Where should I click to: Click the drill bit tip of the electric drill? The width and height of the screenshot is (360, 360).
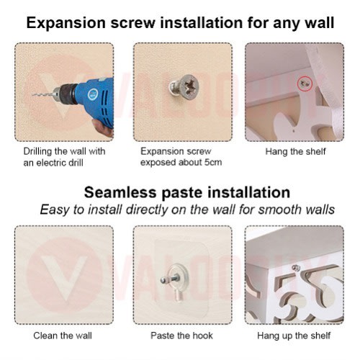32,95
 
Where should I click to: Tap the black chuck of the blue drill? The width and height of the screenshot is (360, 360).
68,94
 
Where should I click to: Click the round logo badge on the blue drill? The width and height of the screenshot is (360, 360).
93,94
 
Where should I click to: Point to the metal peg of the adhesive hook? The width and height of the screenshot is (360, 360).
170,279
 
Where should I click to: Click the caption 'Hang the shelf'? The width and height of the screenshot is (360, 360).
295,152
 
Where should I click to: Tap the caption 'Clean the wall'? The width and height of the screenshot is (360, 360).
63,336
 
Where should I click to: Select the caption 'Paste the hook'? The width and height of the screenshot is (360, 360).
181,336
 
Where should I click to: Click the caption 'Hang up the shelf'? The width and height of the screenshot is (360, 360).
294,336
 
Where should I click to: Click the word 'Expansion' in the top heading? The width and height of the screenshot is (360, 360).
66,23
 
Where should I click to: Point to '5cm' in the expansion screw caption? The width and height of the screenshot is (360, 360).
213,162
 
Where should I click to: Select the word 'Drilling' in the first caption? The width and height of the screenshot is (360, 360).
37,152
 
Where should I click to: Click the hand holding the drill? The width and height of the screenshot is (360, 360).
103,128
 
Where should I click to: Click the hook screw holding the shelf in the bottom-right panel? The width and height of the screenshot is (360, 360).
296,268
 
